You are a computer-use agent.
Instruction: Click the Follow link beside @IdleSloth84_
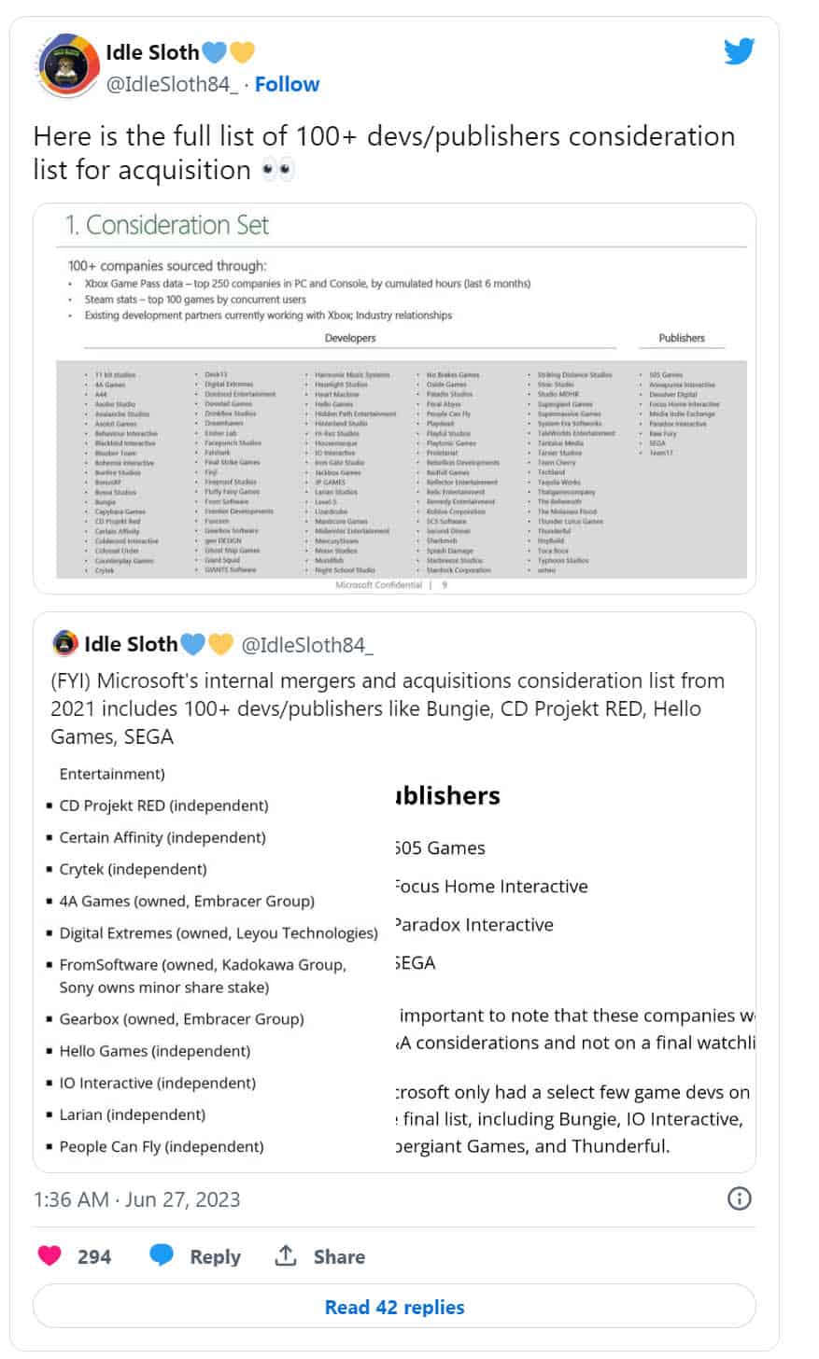click(x=287, y=84)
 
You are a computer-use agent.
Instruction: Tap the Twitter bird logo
click(x=738, y=51)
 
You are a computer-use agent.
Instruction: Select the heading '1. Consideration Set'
click(x=166, y=225)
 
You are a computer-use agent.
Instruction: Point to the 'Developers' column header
click(x=350, y=338)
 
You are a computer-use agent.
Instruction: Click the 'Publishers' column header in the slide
click(x=682, y=338)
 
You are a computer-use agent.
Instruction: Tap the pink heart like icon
click(x=49, y=1255)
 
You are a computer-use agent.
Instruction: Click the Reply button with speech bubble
click(x=195, y=1256)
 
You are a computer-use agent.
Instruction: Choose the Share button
click(x=319, y=1256)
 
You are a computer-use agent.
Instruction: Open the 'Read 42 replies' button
click(x=394, y=1307)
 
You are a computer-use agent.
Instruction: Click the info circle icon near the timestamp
click(x=739, y=1198)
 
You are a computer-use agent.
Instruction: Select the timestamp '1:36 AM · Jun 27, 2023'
click(x=136, y=1199)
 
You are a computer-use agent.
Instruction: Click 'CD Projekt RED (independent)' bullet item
click(x=163, y=806)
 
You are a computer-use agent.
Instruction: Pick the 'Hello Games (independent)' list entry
click(x=154, y=1051)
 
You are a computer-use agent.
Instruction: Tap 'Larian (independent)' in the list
click(x=132, y=1114)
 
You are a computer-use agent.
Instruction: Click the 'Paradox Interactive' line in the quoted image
click(x=474, y=925)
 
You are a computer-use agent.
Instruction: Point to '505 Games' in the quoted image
click(x=440, y=848)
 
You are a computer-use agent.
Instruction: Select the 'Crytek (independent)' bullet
click(x=133, y=869)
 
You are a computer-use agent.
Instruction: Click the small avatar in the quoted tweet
click(x=65, y=644)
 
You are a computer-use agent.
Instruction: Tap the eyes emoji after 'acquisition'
click(x=278, y=171)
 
